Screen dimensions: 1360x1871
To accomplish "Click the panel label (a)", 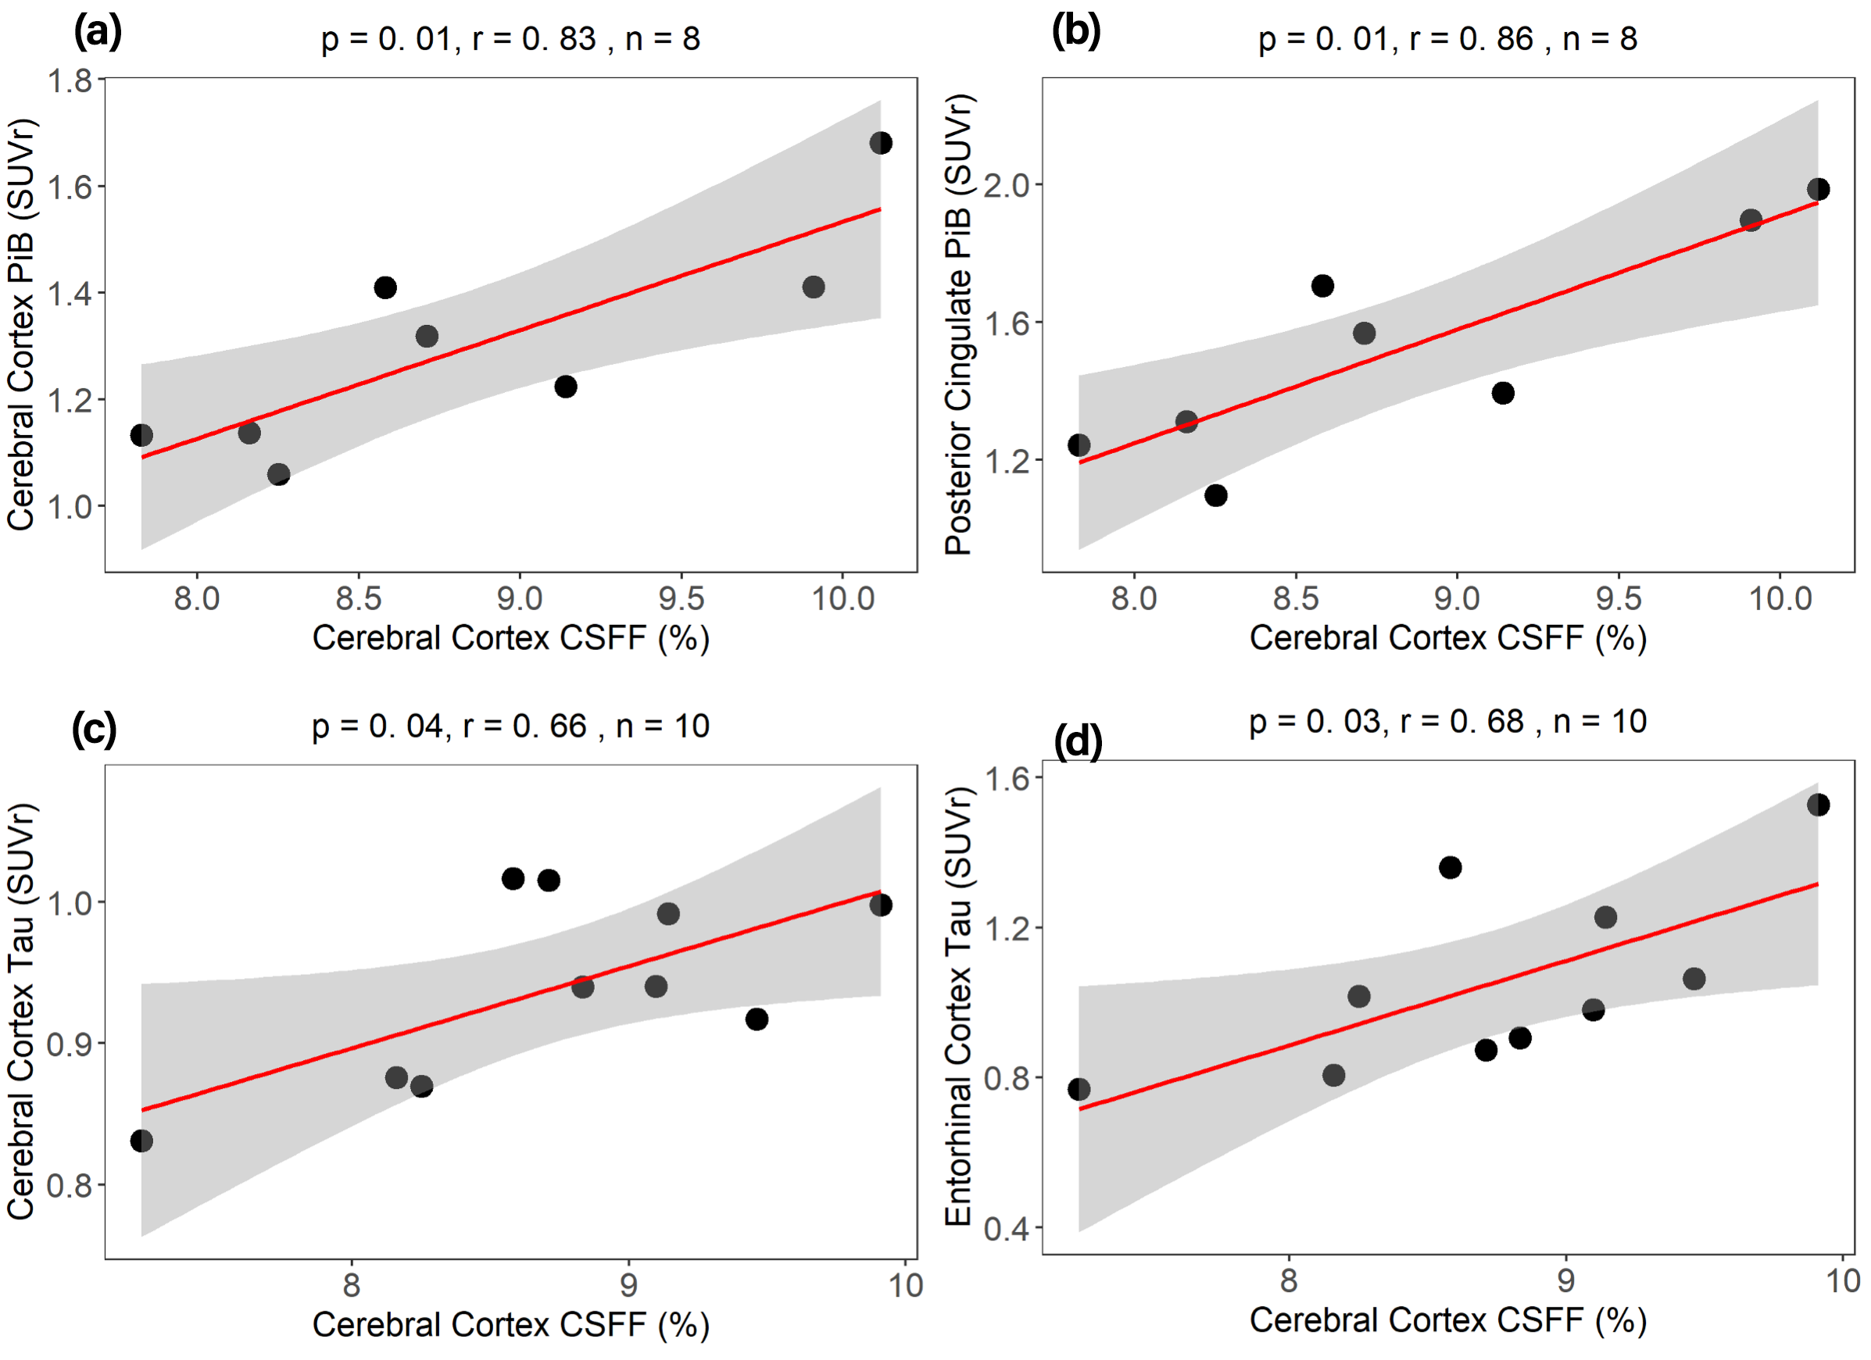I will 98,33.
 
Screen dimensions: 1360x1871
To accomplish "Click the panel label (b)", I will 1075,33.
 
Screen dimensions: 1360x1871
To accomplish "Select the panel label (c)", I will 94,729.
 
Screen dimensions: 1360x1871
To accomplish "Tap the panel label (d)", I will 1079,742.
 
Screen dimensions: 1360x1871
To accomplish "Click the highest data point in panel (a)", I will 880,143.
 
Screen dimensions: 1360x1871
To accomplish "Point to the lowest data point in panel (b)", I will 1215,494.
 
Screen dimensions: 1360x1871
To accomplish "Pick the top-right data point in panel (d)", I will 1818,804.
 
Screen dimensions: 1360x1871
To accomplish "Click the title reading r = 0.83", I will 510,39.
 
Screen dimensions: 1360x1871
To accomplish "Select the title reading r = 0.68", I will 1447,722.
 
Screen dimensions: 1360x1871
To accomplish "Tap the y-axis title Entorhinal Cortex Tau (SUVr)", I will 960,1006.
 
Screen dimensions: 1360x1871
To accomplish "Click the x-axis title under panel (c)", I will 510,1325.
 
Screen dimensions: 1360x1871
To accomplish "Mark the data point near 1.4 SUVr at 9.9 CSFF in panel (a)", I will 814,287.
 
